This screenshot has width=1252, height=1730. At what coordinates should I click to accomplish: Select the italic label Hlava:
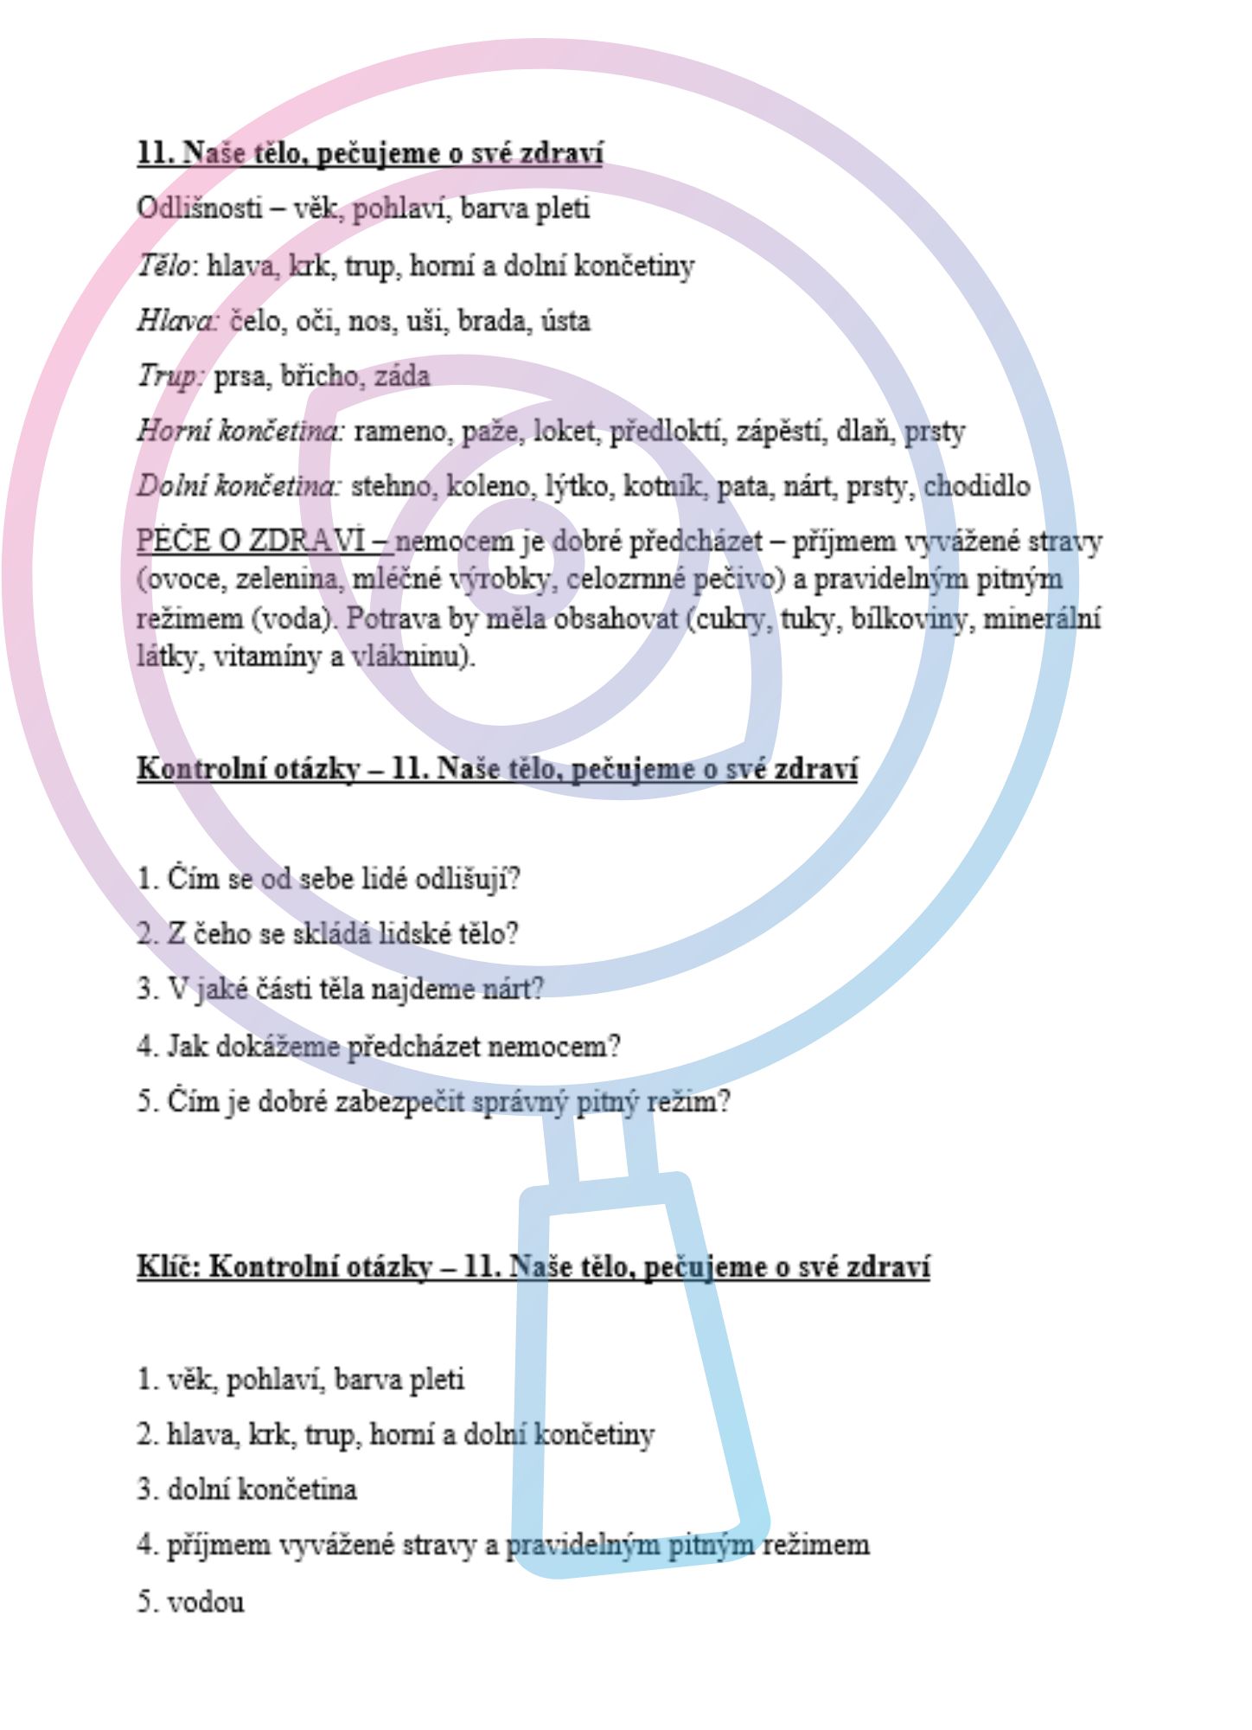click(x=178, y=321)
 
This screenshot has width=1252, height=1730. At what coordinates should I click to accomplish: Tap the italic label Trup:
click(x=170, y=376)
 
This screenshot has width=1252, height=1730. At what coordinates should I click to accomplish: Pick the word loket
click(x=565, y=431)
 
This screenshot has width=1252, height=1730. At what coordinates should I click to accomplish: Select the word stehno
click(x=393, y=486)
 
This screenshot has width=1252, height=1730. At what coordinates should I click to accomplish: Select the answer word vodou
click(x=206, y=1602)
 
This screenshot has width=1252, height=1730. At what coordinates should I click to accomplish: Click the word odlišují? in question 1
click(x=468, y=880)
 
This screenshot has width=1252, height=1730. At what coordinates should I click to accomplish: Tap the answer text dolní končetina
click(x=261, y=1490)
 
